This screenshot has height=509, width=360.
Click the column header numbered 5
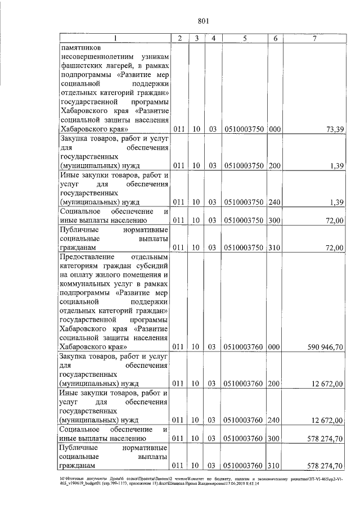245,38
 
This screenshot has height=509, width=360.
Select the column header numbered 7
315,38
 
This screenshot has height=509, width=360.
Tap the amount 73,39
334,129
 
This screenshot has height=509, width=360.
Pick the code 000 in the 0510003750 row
274,129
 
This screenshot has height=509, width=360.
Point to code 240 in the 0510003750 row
274,201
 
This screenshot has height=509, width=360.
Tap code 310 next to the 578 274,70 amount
274,466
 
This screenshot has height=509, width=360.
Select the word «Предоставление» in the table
88,256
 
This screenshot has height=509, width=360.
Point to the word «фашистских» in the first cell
80,65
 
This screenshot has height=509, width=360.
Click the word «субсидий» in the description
152,265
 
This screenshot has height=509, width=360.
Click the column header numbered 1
115,38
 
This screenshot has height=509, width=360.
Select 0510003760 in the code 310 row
245,466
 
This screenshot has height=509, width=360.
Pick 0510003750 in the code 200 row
245,165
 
